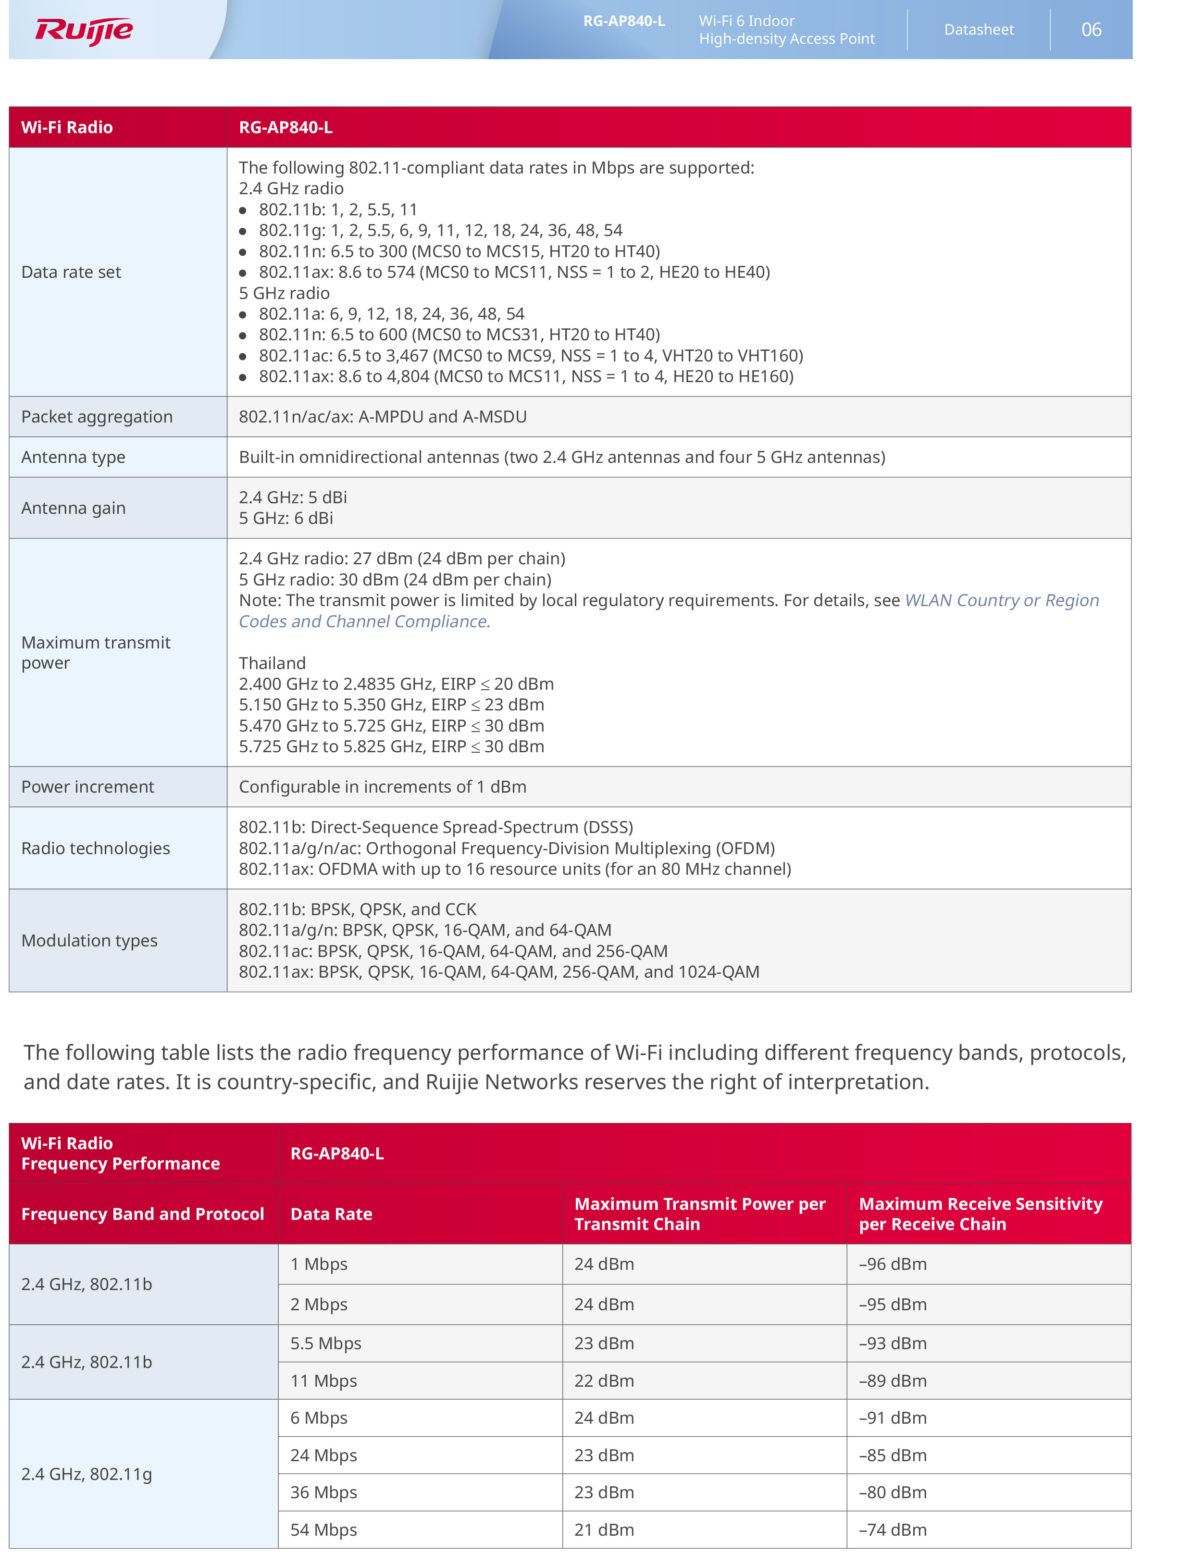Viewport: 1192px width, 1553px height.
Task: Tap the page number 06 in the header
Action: point(1091,30)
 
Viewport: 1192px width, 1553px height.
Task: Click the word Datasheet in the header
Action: point(979,30)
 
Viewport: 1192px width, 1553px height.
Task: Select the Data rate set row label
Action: point(71,273)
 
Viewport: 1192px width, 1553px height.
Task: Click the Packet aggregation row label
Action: point(97,417)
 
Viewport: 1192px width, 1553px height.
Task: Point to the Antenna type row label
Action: point(73,458)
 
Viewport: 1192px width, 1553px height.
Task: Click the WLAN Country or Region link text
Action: point(1001,601)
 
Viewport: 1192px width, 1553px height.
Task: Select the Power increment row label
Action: point(87,787)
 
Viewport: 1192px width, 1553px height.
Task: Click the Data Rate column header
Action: point(331,1215)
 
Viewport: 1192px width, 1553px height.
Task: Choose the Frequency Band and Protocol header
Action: point(143,1215)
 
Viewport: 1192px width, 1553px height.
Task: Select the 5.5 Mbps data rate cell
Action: point(326,1344)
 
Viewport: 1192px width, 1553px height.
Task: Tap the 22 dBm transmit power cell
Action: point(604,1382)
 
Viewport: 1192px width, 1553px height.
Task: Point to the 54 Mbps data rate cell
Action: point(323,1531)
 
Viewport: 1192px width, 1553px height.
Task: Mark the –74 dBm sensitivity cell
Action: point(893,1531)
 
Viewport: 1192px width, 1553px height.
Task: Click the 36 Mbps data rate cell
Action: point(323,1493)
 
